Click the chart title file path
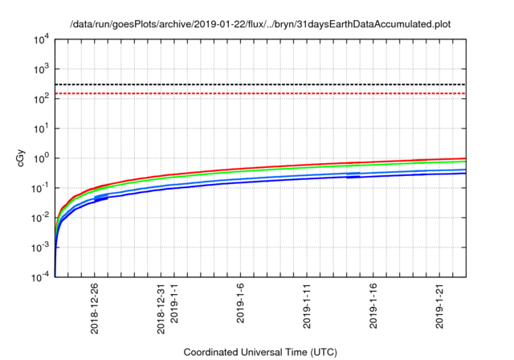259,24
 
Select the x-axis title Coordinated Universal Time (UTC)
259,352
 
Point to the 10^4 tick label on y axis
39,39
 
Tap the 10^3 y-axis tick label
39,69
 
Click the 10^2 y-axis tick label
39,99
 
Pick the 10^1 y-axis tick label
39,129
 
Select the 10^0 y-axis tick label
39,158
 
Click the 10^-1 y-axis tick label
38,188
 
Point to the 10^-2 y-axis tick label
38,218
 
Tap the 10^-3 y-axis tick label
38,247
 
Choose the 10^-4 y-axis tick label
38,277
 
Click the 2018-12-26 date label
96,308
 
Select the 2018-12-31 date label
161,308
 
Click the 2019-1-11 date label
307,308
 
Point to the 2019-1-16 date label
373,308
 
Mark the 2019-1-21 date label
439,308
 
